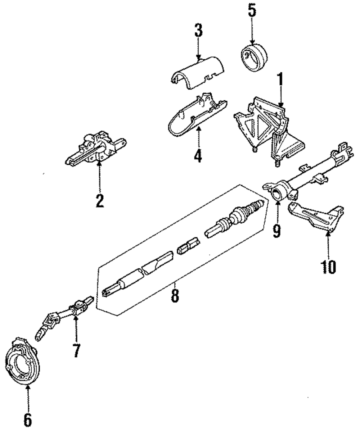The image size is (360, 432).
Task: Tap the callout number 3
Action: pos(198,31)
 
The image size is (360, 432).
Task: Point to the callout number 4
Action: pos(198,155)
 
